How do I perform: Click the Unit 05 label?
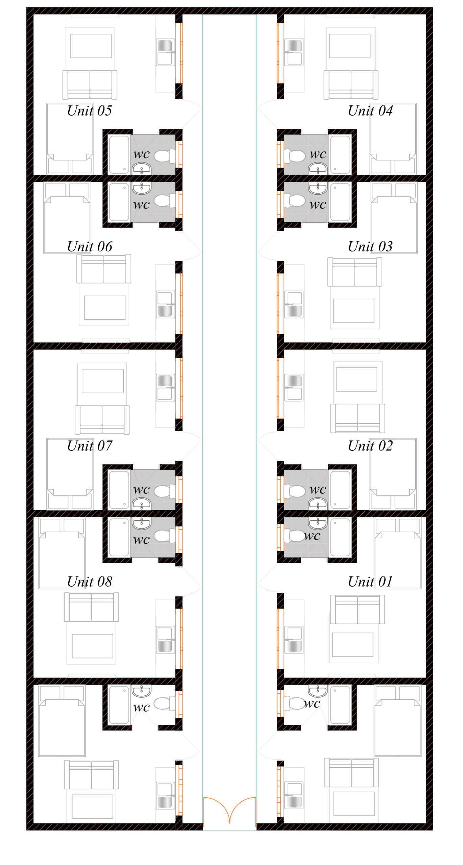(90, 111)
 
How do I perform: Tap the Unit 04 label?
(370, 111)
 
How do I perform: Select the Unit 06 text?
(90, 247)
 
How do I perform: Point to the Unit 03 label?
(370, 247)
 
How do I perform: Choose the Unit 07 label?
(90, 446)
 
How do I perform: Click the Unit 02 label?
(370, 446)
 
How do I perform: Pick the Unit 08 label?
(90, 582)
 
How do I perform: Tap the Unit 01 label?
(370, 582)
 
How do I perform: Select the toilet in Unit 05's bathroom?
(165, 156)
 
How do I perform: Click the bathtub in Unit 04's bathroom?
(340, 155)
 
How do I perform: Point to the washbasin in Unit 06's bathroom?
(141, 188)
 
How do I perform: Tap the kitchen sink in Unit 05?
(166, 52)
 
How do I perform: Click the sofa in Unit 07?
(102, 420)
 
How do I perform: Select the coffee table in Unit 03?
(354, 311)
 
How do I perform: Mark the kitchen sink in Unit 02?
(294, 388)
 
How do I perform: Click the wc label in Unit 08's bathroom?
(141, 540)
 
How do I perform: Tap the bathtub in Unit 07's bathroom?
(119, 490)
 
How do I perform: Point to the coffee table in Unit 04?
(350, 46)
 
